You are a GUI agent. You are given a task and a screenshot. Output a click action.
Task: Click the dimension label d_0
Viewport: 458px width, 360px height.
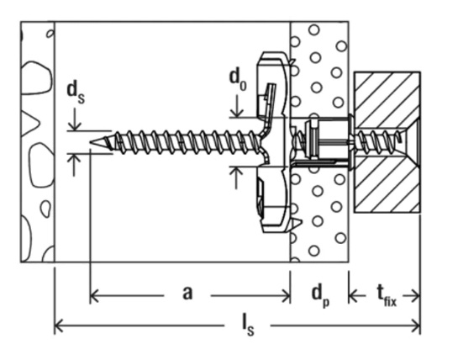[x=239, y=78]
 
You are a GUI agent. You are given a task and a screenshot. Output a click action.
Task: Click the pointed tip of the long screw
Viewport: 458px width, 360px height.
[x=90, y=144]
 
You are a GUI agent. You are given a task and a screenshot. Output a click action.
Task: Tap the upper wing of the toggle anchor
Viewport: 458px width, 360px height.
[x=274, y=84]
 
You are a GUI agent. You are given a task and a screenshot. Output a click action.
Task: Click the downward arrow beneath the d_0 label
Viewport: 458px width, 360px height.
[x=239, y=112]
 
